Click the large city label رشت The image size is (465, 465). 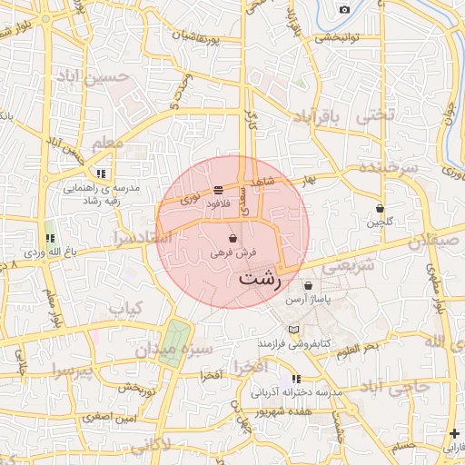coord(260,279)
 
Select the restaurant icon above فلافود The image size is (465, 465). coord(219,190)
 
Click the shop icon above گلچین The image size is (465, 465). coord(380,208)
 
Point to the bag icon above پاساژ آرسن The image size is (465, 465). coord(310,285)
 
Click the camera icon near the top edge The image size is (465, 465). coord(344,10)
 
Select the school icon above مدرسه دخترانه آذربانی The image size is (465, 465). coord(296,379)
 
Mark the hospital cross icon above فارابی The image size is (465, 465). coord(454,433)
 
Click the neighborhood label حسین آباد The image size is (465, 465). coord(113,77)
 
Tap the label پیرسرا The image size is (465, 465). coord(69,371)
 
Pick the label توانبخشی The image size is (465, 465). coord(338,38)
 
